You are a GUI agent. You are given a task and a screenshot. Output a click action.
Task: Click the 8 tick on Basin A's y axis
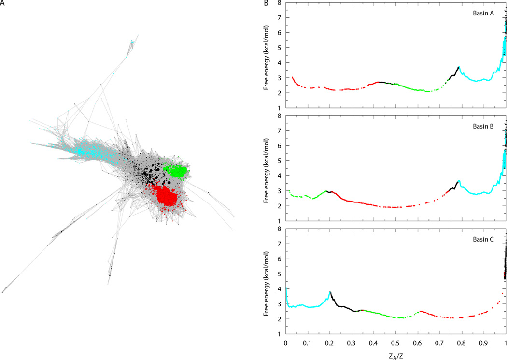tap(280, 3)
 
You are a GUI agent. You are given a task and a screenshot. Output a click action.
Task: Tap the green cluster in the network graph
tap(176, 171)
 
